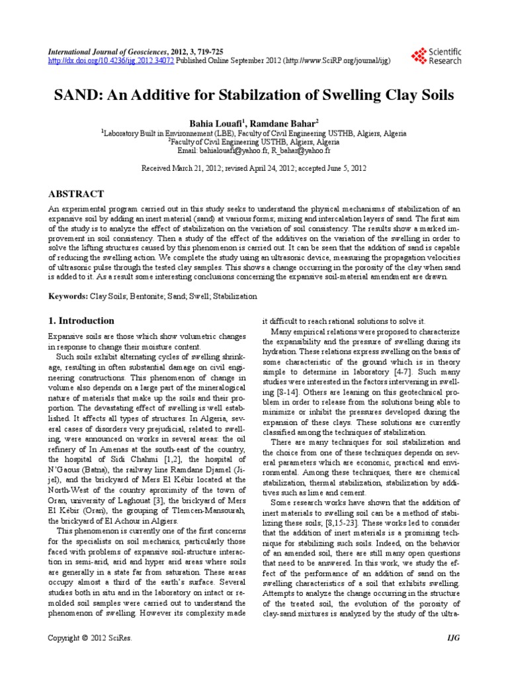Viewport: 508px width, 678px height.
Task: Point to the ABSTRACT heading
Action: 77,194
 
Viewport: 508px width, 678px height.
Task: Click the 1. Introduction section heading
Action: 82,320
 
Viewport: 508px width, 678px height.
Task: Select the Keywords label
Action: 68,297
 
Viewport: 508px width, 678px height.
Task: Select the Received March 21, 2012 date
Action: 178,169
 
